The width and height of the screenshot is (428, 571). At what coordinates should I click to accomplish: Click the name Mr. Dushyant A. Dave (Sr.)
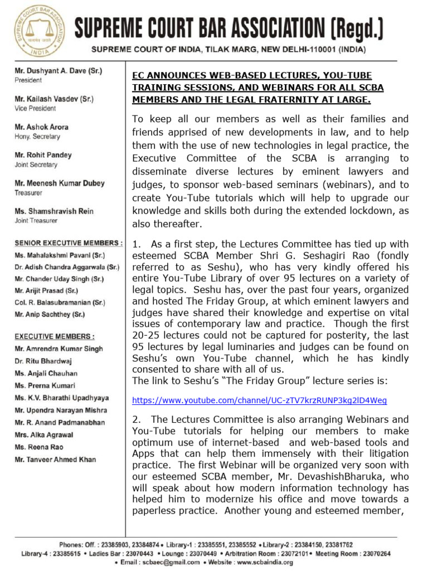click(58, 71)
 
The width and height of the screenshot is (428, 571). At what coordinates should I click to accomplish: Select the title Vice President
click(35, 108)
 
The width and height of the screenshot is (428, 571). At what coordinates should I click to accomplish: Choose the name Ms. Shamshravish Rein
click(54, 211)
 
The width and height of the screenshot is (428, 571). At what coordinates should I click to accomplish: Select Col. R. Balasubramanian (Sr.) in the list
click(60, 302)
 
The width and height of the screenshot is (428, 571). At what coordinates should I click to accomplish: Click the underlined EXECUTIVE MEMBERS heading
click(55, 336)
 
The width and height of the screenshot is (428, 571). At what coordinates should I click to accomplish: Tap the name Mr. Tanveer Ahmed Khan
click(55, 459)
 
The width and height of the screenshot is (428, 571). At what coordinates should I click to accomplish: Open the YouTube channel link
click(259, 401)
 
